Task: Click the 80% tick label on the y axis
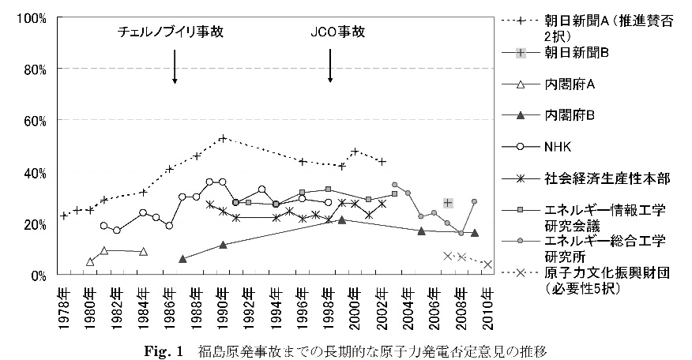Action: pyautogui.click(x=34, y=69)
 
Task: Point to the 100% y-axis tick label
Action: pyautogui.click(x=32, y=18)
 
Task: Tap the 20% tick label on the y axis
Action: pyautogui.click(x=34, y=224)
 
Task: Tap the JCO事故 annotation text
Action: pyautogui.click(x=330, y=32)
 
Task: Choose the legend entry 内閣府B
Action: pyautogui.click(x=568, y=115)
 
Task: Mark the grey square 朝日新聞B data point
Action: pyautogui.click(x=448, y=203)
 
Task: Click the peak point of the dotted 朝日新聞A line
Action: pyautogui.click(x=223, y=138)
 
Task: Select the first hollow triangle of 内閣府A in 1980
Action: pyautogui.click(x=90, y=261)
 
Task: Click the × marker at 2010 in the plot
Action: pyautogui.click(x=487, y=264)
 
